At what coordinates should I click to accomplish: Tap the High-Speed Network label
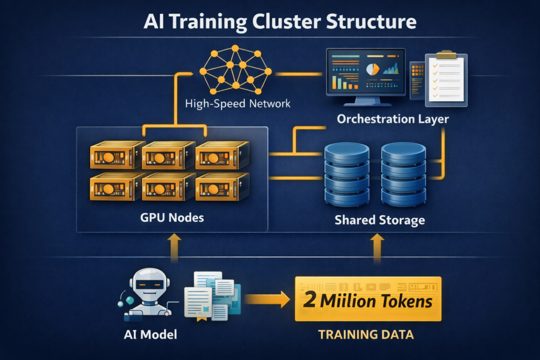tap(237, 103)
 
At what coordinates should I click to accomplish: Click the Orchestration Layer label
tap(393, 119)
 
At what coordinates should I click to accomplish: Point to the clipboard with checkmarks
tap(446, 78)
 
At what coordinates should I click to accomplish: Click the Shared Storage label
tap(380, 220)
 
